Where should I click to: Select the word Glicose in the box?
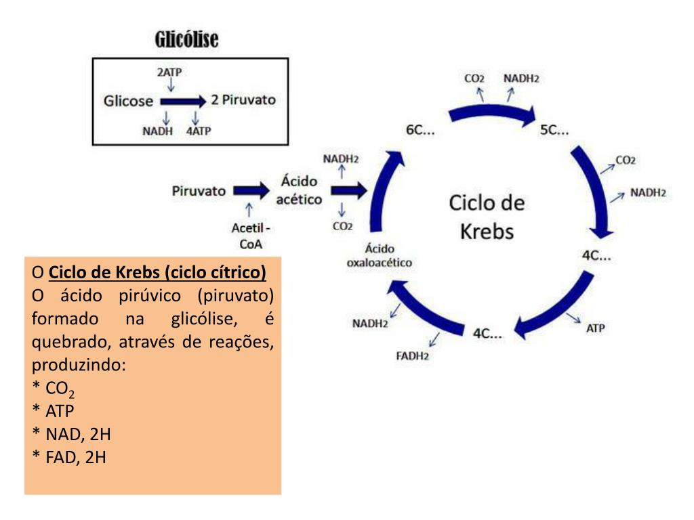pos(128,102)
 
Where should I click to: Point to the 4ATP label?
pos(199,131)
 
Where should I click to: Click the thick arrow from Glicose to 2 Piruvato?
pos(182,102)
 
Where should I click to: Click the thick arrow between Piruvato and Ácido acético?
pos(251,191)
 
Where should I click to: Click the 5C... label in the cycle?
pos(554,130)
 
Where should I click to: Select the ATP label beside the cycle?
pos(595,328)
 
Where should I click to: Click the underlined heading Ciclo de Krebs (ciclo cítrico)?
pos(159,274)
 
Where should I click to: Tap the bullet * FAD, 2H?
pos(69,457)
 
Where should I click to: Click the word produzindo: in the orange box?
pos(79,365)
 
